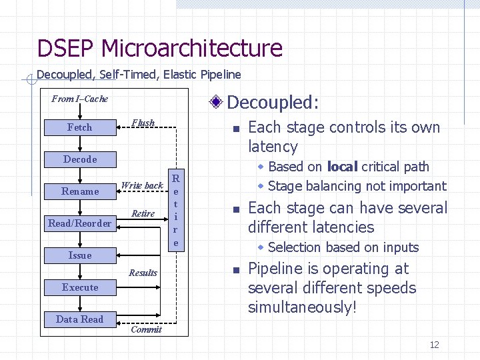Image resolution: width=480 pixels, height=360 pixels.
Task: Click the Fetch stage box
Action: pyautogui.click(x=80, y=127)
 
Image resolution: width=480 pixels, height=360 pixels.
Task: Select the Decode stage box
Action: pyautogui.click(x=80, y=159)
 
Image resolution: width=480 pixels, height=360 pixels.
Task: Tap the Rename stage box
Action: pyautogui.click(x=80, y=191)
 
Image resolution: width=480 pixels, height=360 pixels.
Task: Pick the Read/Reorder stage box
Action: pyautogui.click(x=80, y=223)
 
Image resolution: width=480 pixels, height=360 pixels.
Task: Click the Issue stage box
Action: pyautogui.click(x=80, y=255)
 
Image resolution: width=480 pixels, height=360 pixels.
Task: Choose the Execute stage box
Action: pyautogui.click(x=80, y=287)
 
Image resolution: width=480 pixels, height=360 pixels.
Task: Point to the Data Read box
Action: pyautogui.click(x=80, y=319)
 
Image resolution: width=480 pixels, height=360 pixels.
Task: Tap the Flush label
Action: pyautogui.click(x=143, y=123)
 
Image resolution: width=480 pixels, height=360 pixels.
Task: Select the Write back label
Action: pyautogui.click(x=142, y=185)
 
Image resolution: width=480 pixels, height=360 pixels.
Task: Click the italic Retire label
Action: pyautogui.click(x=143, y=214)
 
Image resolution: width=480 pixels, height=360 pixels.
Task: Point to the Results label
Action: pyautogui.click(x=143, y=273)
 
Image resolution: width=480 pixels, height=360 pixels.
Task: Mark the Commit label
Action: pyautogui.click(x=146, y=329)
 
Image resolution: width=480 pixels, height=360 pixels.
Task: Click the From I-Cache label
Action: pyautogui.click(x=80, y=99)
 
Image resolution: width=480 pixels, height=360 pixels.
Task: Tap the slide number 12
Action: pyautogui.click(x=434, y=345)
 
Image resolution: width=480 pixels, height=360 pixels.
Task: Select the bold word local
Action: pyautogui.click(x=343, y=167)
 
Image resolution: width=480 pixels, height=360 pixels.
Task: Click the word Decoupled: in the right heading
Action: pyautogui.click(x=273, y=103)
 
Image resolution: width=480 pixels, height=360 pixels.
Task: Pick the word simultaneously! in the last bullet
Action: pyautogui.click(x=302, y=307)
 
